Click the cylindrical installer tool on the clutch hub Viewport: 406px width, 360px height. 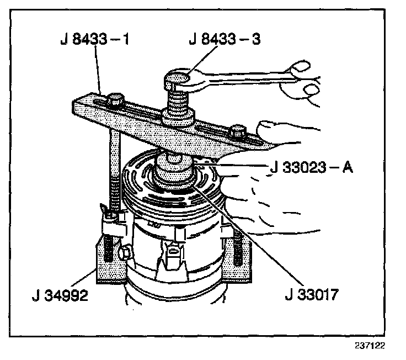point(174,168)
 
